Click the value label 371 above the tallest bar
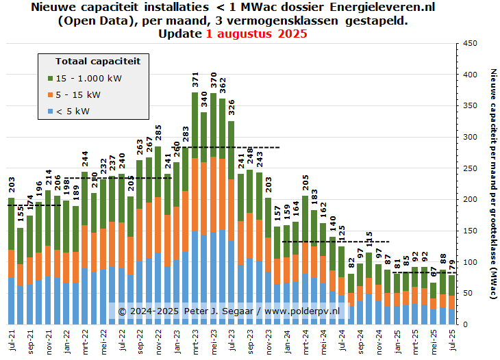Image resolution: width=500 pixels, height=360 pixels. point(195,79)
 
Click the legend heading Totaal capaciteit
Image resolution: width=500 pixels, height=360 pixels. point(98,61)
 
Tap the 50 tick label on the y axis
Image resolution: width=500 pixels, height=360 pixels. point(468,293)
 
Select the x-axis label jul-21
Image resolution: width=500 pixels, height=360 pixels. point(12,340)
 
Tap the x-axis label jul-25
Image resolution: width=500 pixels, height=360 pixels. point(452,340)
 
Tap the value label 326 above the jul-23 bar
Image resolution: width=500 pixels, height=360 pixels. point(232,108)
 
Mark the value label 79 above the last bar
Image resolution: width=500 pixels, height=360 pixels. point(452,266)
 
